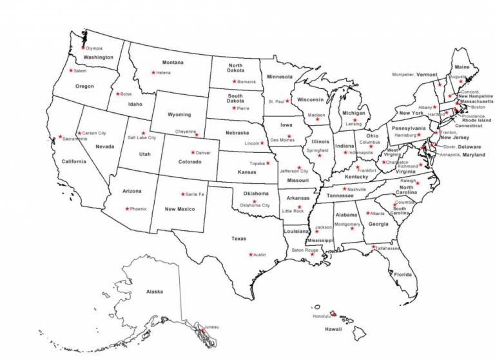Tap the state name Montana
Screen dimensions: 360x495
pyautogui.click(x=173, y=63)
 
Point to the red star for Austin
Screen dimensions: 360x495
pyautogui.click(x=251, y=254)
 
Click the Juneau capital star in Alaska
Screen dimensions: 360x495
pyautogui.click(x=202, y=329)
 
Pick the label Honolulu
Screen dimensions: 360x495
pyautogui.click(x=321, y=316)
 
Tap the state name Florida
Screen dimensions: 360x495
pyautogui.click(x=403, y=275)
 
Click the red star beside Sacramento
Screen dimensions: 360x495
pyautogui.click(x=60, y=136)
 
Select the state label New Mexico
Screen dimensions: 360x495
pyautogui.click(x=179, y=209)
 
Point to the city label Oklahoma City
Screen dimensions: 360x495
pyautogui.click(x=255, y=205)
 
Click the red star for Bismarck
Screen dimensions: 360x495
pyautogui.click(x=234, y=82)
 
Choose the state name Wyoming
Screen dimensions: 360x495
pyautogui.click(x=179, y=114)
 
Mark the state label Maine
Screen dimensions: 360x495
pyautogui.click(x=461, y=67)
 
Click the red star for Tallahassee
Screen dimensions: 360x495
pyautogui.click(x=373, y=246)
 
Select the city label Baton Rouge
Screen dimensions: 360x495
pyautogui.click(x=305, y=250)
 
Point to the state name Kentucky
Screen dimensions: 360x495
pyautogui.click(x=356, y=177)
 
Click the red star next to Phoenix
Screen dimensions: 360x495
pyautogui.click(x=128, y=208)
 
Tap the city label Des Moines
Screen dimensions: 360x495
pyautogui.click(x=282, y=140)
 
